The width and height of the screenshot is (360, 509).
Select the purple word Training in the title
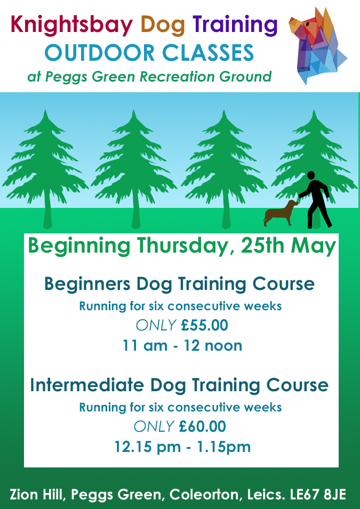click(235, 25)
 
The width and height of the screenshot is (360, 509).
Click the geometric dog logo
click(317, 45)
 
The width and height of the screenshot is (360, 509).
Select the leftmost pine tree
click(46, 165)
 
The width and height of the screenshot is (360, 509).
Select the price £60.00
click(203, 426)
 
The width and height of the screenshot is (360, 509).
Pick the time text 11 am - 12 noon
click(182, 345)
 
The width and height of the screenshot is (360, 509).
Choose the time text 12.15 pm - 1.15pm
click(182, 447)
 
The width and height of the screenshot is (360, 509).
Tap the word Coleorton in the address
click(203, 495)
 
